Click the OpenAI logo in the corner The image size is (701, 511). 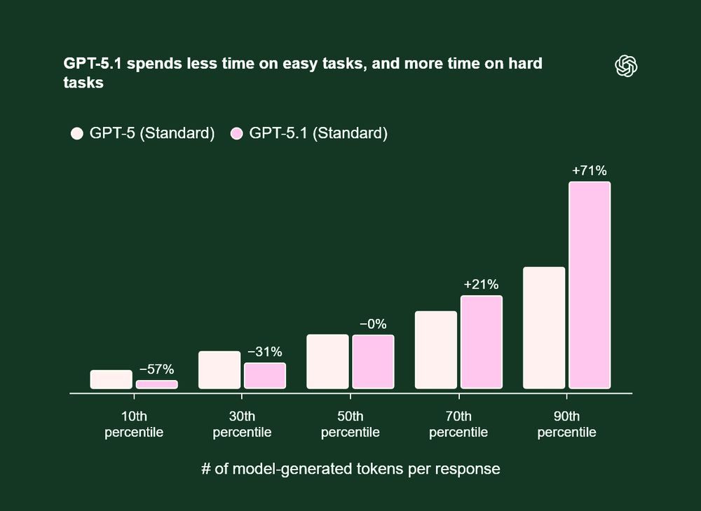coord(626,66)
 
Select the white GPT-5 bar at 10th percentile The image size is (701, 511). coord(111,379)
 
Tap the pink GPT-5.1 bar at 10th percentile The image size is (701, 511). coord(156,384)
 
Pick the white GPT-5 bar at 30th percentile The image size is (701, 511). coord(219,369)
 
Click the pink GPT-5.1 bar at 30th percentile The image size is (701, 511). coord(265,376)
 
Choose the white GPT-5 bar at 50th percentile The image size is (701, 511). coord(327,361)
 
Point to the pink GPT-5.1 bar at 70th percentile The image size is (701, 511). coord(482,342)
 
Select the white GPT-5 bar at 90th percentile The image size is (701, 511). coord(544,327)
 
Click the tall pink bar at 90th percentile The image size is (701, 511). coord(590,285)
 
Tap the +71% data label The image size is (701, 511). coord(590,170)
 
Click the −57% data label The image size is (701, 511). coord(156,369)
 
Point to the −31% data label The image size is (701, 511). coord(265,352)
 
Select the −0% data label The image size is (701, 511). coord(373,324)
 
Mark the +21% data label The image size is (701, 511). coord(482,285)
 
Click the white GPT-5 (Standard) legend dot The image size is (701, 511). coord(77,134)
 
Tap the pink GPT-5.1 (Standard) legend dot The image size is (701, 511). coord(236,134)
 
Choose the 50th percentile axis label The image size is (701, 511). coord(350,423)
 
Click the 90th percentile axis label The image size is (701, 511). coord(567,423)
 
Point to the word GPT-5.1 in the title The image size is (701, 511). coord(89,64)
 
